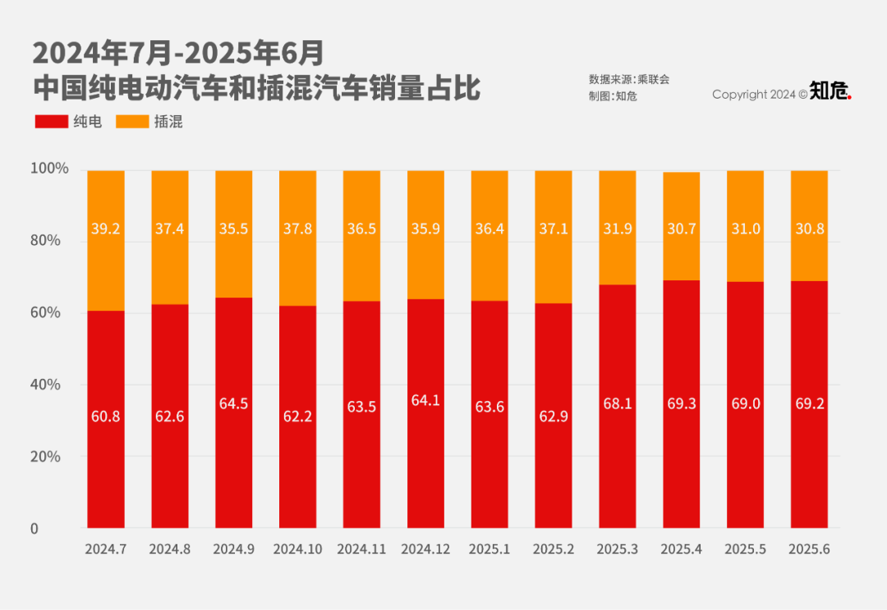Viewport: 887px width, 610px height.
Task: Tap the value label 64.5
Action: coord(234,404)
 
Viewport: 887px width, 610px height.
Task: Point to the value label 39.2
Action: coord(106,229)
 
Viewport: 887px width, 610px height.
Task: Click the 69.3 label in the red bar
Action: coord(681,404)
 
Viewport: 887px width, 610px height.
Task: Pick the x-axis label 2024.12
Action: coord(425,549)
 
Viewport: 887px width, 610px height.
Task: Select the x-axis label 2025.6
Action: coord(809,549)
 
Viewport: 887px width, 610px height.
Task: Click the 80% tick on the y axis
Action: coord(45,241)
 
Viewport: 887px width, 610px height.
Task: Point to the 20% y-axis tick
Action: coord(45,456)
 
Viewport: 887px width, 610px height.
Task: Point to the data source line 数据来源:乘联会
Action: coord(629,80)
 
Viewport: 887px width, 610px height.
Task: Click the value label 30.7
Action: coord(681,229)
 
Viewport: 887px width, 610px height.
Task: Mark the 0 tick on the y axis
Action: coord(34,529)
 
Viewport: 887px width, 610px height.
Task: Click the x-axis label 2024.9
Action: coord(233,549)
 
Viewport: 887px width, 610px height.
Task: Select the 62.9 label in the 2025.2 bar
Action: coord(553,416)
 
